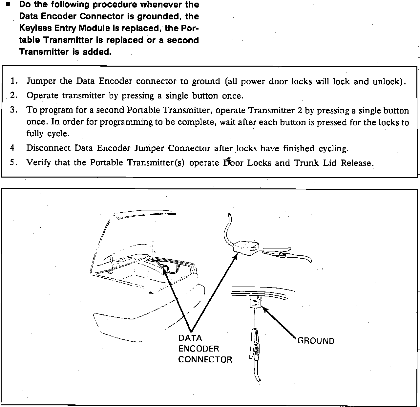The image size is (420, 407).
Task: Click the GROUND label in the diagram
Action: [x=316, y=341]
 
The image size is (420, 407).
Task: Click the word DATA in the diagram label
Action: [x=190, y=338]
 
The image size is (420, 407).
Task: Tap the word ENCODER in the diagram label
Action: [x=199, y=349]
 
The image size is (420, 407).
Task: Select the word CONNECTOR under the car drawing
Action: [x=205, y=359]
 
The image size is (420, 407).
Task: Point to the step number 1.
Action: [x=13, y=81]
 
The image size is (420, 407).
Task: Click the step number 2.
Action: [x=13, y=95]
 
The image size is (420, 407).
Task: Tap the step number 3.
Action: [x=13, y=110]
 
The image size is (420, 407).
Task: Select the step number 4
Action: [x=12, y=148]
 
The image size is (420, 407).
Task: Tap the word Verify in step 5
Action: [x=38, y=162]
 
